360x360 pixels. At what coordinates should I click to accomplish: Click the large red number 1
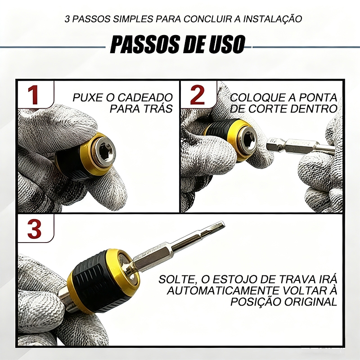(x=33, y=95)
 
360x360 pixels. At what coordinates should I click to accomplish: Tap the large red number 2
(x=197, y=95)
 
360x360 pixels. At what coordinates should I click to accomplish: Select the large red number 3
(x=35, y=229)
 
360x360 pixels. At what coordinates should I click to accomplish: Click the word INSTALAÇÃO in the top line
(x=273, y=18)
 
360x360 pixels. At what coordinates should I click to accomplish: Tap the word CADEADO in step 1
(x=145, y=97)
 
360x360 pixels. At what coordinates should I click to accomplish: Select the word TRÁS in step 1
(x=158, y=108)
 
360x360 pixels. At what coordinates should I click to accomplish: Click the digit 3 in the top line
(x=67, y=19)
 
